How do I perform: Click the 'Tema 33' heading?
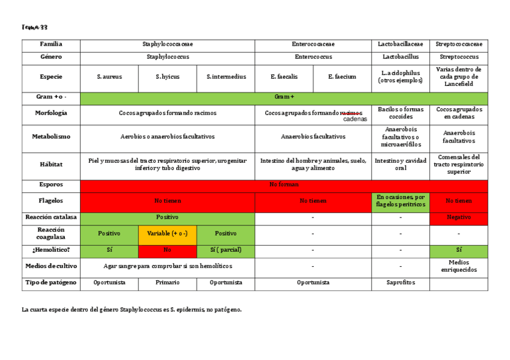(x=34, y=27)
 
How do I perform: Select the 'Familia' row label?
(x=51, y=44)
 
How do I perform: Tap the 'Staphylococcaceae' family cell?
(x=168, y=44)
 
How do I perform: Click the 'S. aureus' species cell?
(x=109, y=77)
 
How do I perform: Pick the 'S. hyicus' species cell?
(x=167, y=77)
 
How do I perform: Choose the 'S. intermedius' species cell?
(x=226, y=77)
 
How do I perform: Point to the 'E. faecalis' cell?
(x=284, y=77)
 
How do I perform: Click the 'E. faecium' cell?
(x=342, y=77)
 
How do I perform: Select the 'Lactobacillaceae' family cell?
(x=400, y=44)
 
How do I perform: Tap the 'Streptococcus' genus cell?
(x=459, y=57)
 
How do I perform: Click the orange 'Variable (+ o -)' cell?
(x=167, y=233)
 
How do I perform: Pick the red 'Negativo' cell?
(x=459, y=218)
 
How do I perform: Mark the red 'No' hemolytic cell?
(x=167, y=249)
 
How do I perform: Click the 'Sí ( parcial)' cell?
(x=226, y=249)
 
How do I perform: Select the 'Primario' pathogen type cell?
(x=167, y=282)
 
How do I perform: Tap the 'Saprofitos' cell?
(x=400, y=282)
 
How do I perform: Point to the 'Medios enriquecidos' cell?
(x=459, y=266)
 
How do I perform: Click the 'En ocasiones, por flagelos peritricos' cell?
(x=400, y=201)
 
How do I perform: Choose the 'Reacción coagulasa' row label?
(x=51, y=233)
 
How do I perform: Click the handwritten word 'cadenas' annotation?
(x=355, y=119)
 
